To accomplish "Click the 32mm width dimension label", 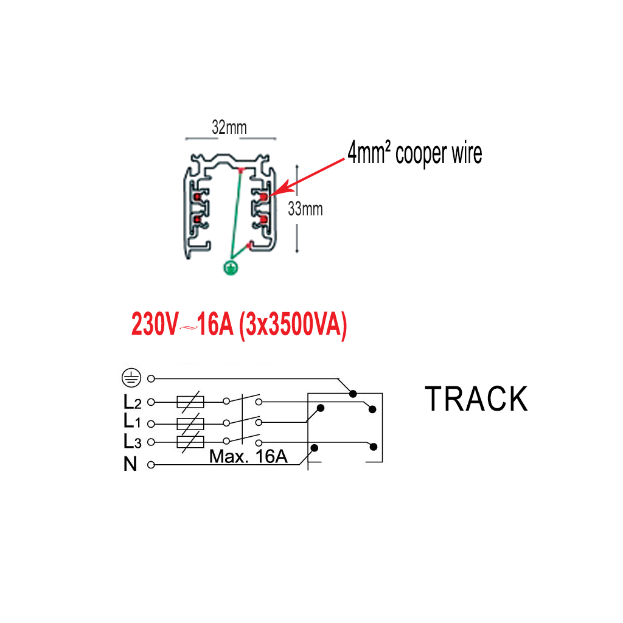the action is (229, 128).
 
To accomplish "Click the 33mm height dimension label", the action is (305, 209).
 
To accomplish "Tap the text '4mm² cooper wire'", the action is (415, 153).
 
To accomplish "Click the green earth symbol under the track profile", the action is (231, 268).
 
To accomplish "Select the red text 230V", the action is (155, 325).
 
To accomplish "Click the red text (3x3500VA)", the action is (293, 325).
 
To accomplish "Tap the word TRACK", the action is (476, 399).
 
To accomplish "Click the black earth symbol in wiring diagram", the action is (131, 378).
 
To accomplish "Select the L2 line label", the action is (132, 402).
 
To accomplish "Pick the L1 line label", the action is (132, 421).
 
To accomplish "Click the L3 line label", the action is (132, 441).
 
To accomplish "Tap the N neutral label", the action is (130, 464).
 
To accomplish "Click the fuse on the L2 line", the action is (190, 402).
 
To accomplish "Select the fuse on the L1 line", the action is (190, 423).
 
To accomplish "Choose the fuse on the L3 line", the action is (190, 442).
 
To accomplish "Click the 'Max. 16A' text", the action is (248, 456).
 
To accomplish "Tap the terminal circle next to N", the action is (151, 465).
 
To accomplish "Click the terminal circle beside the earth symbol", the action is (151, 378).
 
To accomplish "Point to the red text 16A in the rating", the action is (215, 325).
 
